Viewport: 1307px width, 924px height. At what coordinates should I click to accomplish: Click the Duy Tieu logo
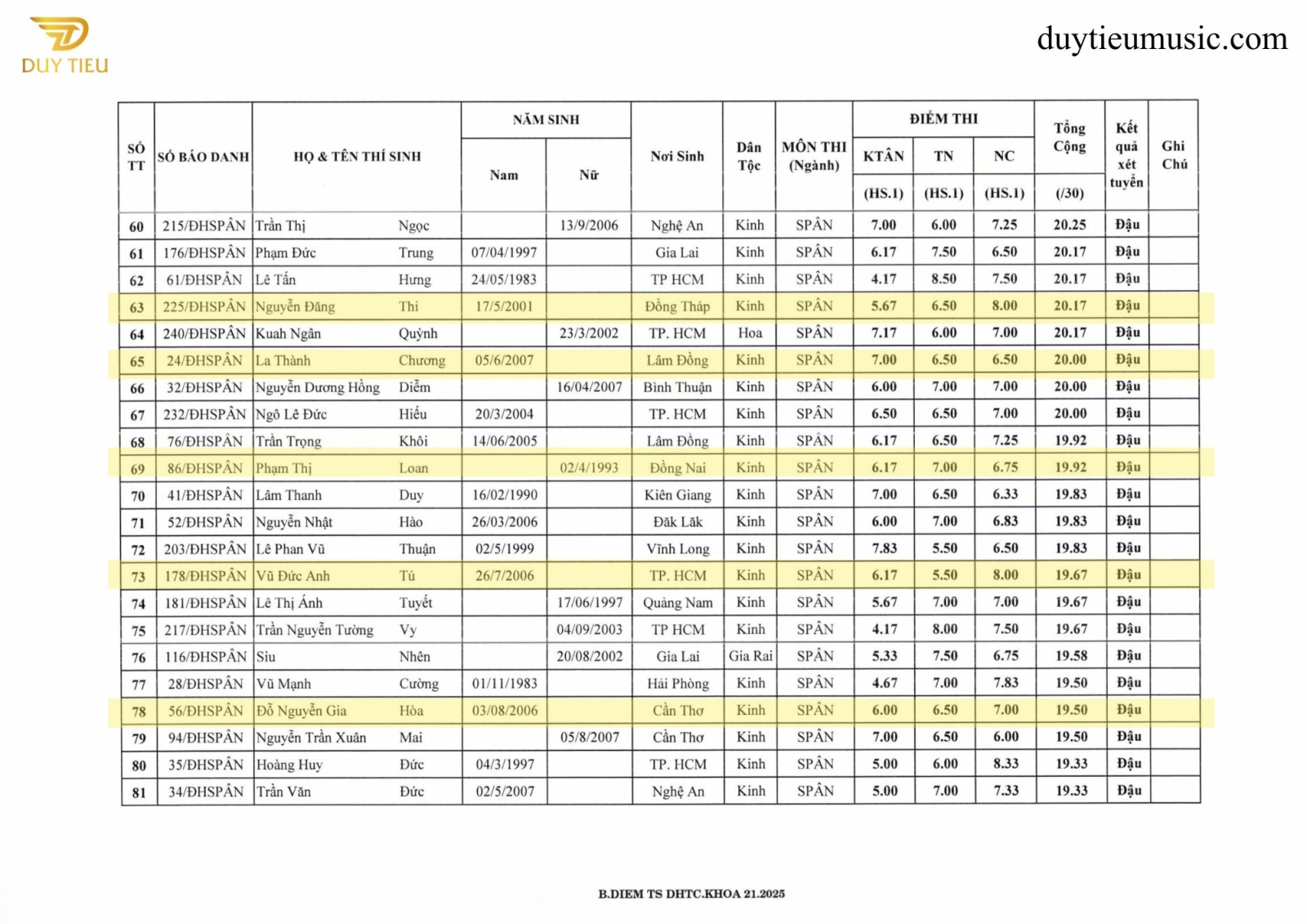tap(65, 45)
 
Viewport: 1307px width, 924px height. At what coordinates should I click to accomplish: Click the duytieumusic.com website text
tap(1162, 38)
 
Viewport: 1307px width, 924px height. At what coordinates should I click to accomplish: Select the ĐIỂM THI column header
tap(943, 118)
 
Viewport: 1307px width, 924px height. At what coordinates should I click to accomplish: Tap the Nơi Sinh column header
tap(676, 156)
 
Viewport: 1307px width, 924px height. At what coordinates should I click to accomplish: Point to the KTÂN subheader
tap(883, 156)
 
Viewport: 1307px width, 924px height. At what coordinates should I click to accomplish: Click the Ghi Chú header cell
tap(1174, 155)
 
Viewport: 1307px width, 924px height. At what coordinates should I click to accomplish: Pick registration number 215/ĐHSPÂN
tap(203, 225)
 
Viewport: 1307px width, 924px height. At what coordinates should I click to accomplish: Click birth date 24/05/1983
tap(503, 279)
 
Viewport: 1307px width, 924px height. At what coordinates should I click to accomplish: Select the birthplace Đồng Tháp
tap(676, 306)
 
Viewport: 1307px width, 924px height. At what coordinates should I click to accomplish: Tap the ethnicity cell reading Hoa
tap(749, 333)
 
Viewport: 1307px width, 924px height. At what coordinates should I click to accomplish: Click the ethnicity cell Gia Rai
tap(750, 656)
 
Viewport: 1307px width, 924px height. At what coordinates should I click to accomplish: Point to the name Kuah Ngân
tap(288, 333)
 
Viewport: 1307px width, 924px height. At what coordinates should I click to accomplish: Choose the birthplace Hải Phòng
tap(677, 684)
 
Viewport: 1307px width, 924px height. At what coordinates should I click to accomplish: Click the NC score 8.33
tap(1006, 764)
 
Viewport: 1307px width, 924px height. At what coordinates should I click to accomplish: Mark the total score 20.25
tap(1069, 225)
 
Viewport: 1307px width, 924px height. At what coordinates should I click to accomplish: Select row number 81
tap(139, 792)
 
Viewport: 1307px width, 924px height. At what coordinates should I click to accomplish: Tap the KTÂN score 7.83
tap(884, 548)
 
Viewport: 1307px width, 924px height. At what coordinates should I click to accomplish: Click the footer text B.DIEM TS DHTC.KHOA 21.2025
tap(691, 894)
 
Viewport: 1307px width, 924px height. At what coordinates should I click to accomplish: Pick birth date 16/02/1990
tap(504, 495)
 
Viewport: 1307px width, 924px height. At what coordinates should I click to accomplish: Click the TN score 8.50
tap(943, 279)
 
